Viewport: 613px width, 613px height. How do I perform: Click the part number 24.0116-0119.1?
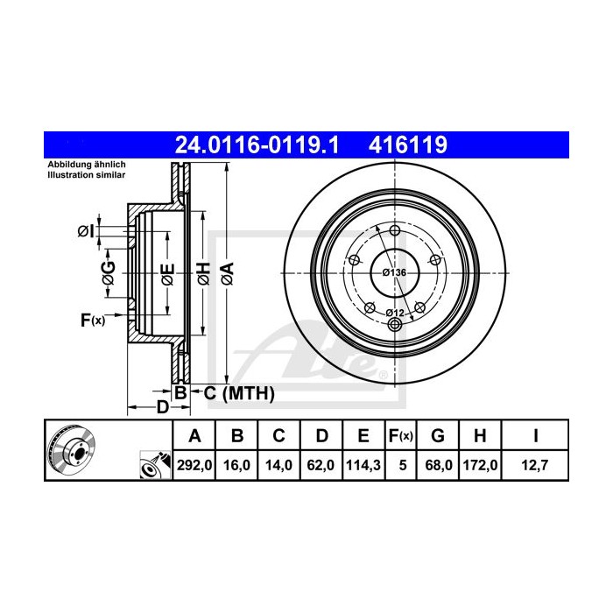257,145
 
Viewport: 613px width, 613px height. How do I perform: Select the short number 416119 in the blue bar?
408,145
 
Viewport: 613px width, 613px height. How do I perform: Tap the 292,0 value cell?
194,465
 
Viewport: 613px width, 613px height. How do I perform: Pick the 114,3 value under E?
363,465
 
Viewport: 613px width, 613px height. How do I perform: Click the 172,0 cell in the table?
480,465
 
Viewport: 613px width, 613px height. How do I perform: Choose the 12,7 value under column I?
535,465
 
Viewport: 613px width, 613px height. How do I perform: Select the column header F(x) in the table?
401,435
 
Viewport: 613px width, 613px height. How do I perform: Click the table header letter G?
438,435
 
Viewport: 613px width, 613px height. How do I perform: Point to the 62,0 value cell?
321,465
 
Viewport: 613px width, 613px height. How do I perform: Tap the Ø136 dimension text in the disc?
394,272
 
